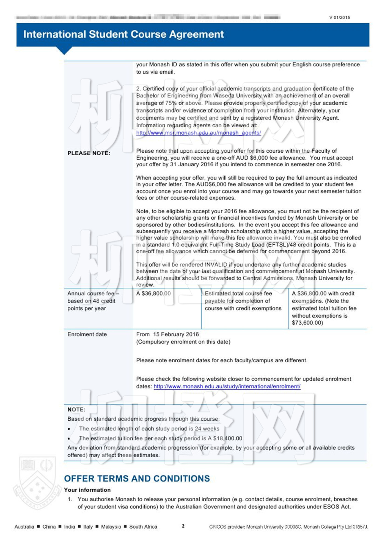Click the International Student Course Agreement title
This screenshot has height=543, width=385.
123,34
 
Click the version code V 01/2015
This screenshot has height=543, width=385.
340,18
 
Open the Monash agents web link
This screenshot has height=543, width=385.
199,133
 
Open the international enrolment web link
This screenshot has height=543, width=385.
227,387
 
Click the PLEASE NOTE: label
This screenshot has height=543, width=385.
89,153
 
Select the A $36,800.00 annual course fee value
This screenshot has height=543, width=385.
153,293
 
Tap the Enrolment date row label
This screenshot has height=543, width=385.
87,334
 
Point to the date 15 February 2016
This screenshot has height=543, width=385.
176,334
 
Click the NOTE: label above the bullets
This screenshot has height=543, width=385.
76,410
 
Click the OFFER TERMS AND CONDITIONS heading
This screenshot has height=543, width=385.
137,478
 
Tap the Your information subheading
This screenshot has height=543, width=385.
87,490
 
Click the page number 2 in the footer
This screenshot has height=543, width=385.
183,526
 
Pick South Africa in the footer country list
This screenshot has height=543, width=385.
143,527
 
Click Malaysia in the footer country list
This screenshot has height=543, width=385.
111,527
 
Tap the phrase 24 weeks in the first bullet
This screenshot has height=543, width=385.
207,429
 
